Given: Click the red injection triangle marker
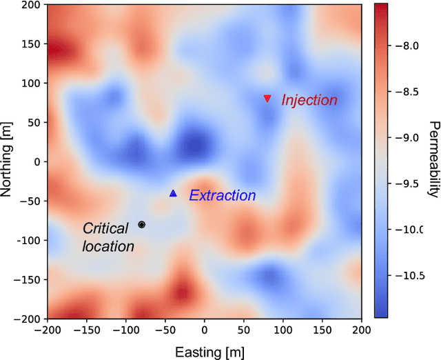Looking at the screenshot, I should coord(267,99).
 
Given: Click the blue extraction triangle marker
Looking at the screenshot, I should coord(173,194).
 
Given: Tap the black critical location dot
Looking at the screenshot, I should coord(141,224).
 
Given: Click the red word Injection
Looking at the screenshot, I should coord(309,100).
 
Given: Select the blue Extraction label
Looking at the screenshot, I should coord(223,196).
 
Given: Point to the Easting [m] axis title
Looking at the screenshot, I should coord(204,352).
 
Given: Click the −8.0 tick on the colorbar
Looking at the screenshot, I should coord(411,46).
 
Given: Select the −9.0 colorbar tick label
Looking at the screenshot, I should coord(411,138).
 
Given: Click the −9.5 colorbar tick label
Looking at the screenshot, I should coord(411,183).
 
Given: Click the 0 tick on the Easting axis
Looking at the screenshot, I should coord(204,330).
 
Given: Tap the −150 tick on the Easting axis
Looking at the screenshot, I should coord(86,330).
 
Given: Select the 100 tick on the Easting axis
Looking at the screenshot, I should coord(283,330).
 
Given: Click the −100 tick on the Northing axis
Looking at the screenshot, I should coord(27,240).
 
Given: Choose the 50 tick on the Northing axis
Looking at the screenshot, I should coord(33,122).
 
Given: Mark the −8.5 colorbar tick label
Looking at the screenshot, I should coord(411,92).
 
